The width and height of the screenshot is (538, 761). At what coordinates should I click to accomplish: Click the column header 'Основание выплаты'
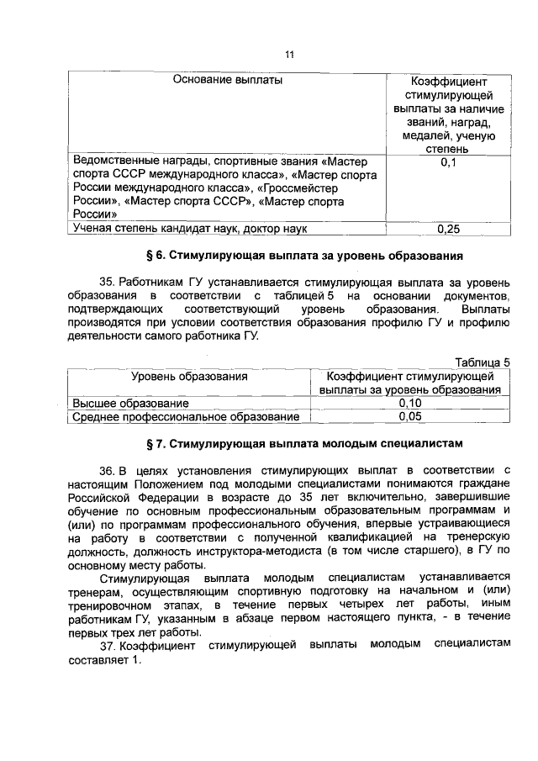227,81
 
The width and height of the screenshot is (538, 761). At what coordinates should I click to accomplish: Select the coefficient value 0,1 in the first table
447,161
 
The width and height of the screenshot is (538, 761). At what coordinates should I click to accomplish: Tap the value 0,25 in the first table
447,228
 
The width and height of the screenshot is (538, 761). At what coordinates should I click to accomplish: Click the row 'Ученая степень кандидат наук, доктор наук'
190,228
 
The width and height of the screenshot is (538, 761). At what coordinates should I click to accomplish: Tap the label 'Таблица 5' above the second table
482,362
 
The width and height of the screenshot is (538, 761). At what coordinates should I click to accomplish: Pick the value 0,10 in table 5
410,403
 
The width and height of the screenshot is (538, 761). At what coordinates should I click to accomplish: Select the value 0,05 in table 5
410,415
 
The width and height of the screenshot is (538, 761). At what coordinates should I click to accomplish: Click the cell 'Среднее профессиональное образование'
186,415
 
